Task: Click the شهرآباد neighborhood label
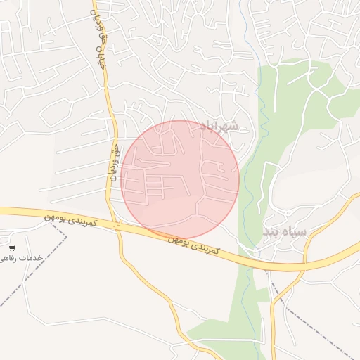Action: point(219,126)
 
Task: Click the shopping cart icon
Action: point(13,248)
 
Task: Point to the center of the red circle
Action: point(180,179)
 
